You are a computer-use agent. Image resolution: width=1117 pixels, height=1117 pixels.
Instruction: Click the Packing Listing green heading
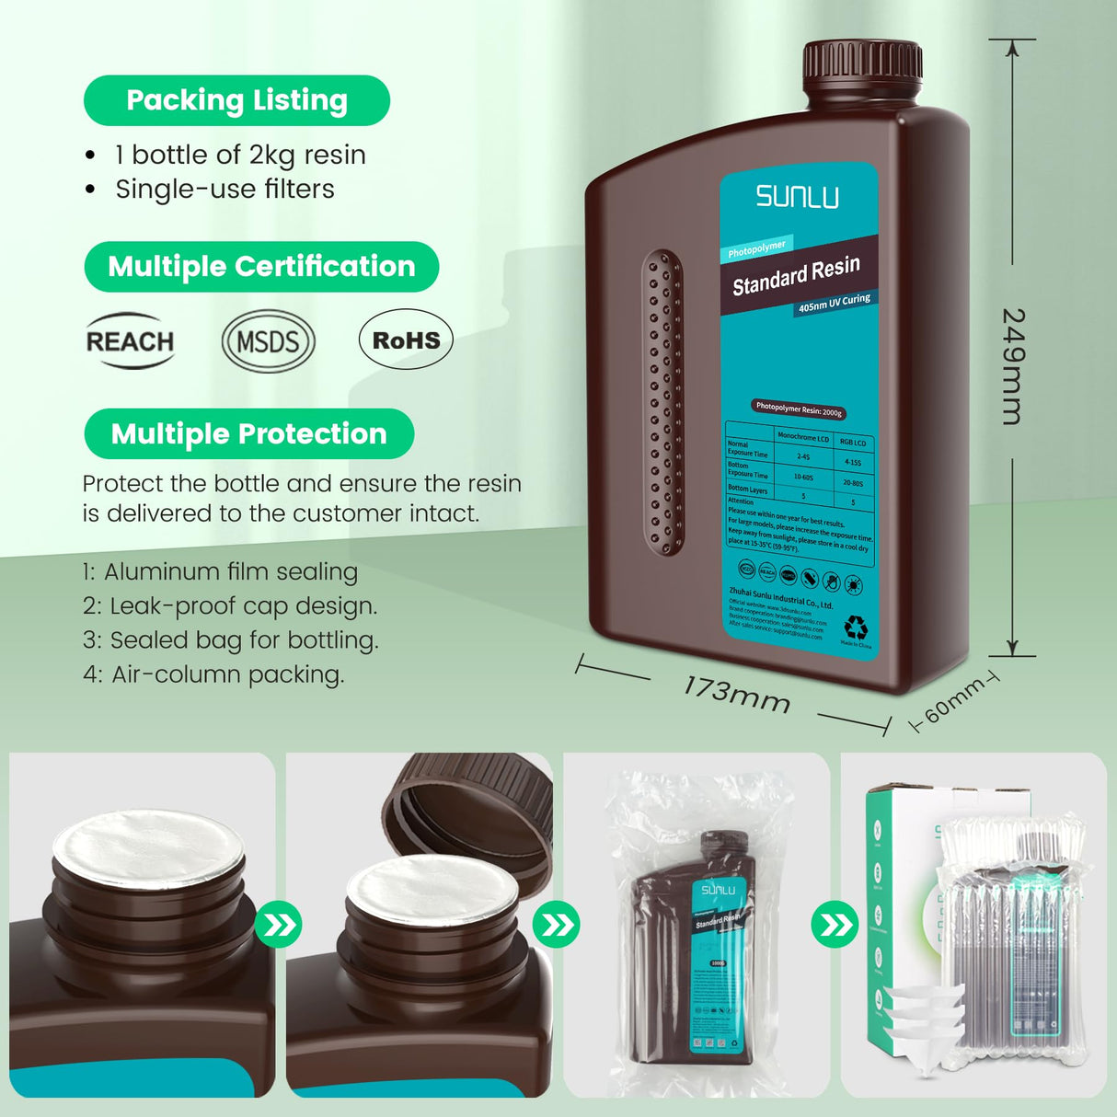click(236, 100)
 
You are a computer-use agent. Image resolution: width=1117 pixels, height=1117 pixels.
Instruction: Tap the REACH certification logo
click(130, 341)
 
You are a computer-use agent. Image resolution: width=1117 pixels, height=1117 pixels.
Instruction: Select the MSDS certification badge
click(268, 341)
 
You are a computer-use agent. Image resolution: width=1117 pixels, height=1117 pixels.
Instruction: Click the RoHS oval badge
click(406, 340)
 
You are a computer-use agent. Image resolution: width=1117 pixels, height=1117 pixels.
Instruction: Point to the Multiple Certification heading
click(261, 267)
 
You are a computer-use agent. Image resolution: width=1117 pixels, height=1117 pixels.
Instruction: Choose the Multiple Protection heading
click(248, 433)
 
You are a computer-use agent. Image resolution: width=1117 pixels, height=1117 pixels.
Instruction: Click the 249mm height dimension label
click(1012, 366)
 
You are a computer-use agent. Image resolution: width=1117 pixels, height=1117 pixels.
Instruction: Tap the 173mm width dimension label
click(736, 695)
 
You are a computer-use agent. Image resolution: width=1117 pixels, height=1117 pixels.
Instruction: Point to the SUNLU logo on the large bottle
click(798, 196)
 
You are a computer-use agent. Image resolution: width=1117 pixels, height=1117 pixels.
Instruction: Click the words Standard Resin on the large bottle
click(796, 275)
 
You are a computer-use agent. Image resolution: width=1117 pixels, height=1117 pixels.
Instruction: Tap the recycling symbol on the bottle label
click(856, 628)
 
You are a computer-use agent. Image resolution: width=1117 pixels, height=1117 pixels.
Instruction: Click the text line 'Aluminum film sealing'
click(230, 571)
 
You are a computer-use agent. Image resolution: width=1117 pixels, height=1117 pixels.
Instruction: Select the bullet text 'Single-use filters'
click(225, 189)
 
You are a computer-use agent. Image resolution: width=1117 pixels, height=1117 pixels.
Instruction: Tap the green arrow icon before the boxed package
click(834, 924)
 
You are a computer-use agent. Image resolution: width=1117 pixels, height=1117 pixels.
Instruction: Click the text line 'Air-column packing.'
click(227, 674)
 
